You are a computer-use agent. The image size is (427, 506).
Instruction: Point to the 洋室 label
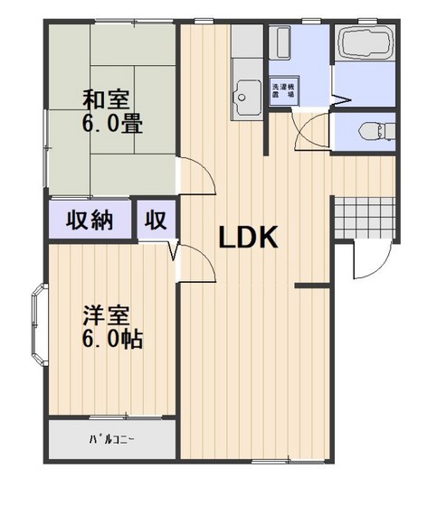pos(105,316)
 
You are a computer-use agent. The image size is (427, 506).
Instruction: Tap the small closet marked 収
pos(157,220)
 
